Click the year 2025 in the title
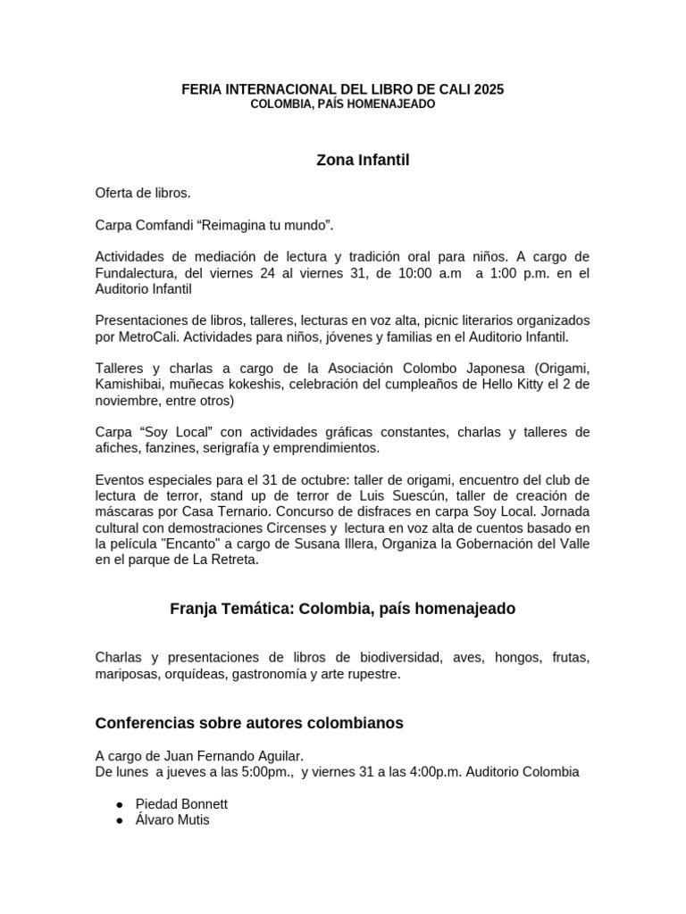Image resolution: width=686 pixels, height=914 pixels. (489, 89)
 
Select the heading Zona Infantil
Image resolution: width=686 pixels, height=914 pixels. (343, 161)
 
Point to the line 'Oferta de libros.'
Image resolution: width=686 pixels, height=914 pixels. (143, 193)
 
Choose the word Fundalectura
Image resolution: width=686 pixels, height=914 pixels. (133, 273)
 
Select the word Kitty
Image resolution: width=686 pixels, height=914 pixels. (536, 384)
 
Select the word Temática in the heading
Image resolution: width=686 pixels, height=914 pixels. (254, 609)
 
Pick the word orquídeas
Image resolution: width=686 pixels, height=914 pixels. (196, 674)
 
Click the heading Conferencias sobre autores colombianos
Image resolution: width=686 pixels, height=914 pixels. (249, 723)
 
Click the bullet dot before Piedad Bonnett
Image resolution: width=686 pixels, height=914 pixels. (120, 803)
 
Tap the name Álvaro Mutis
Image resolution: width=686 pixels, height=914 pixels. (172, 819)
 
